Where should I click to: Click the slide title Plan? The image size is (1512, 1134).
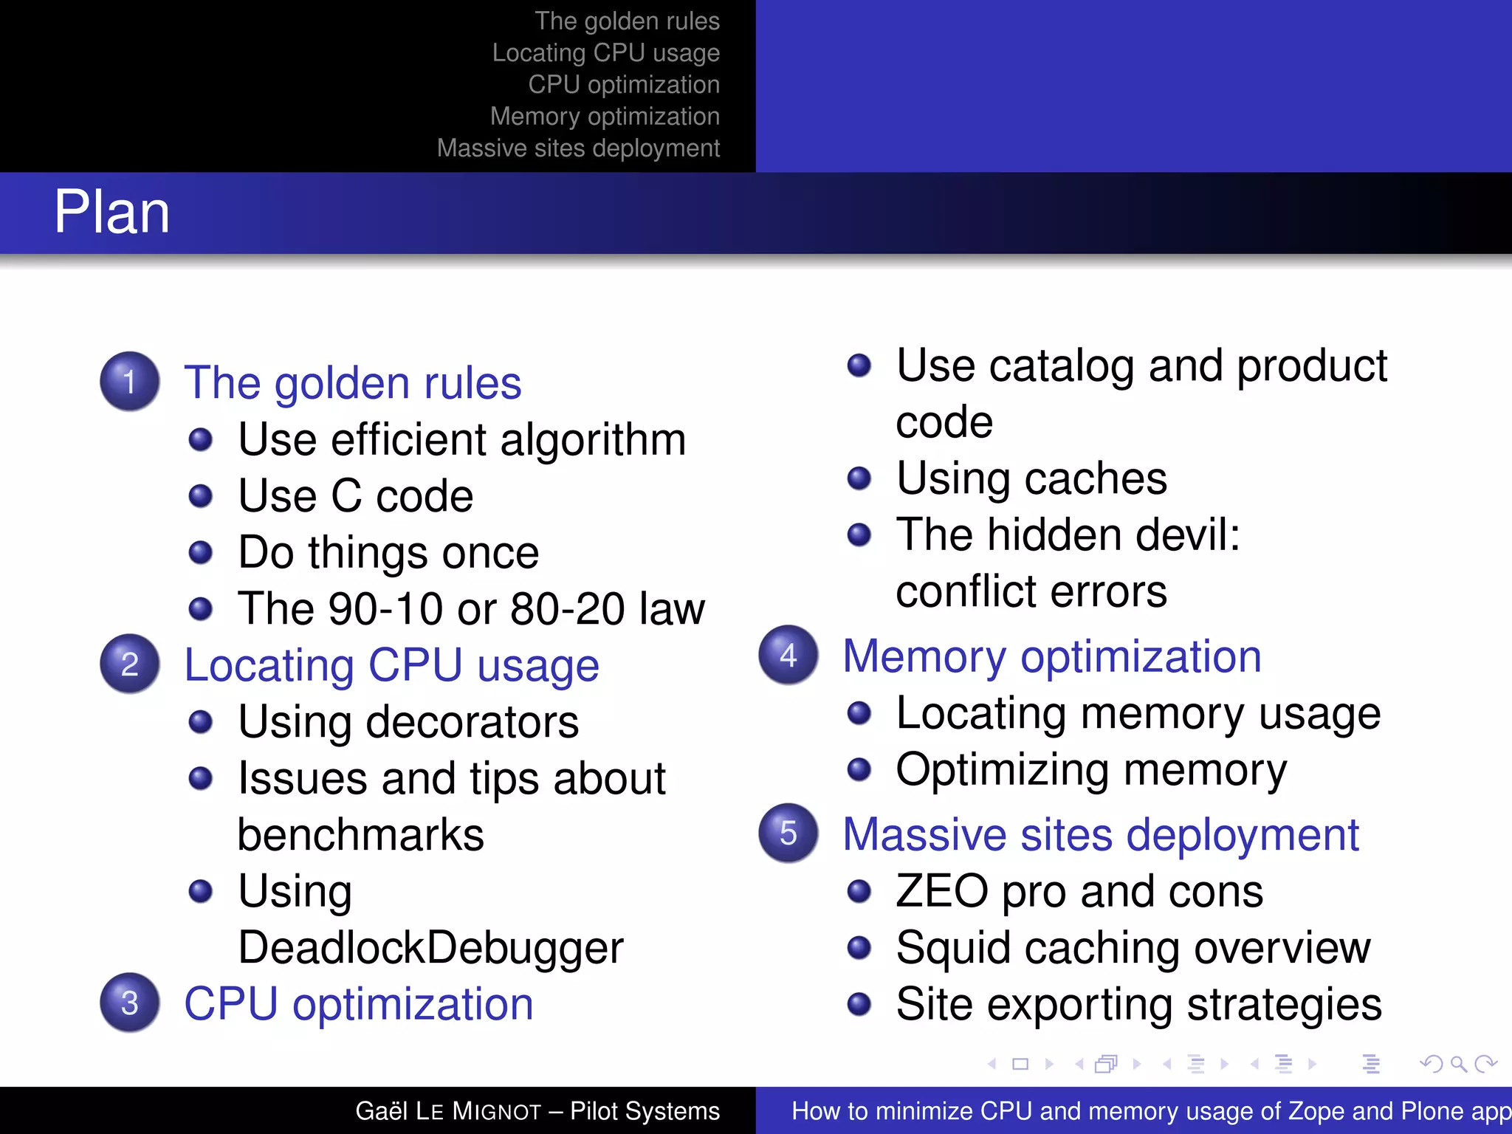coord(112,213)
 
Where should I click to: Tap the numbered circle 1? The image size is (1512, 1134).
coord(130,382)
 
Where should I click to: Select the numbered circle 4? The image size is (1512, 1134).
coord(788,656)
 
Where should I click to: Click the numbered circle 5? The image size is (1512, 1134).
coord(788,834)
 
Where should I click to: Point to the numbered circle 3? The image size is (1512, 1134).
coord(130,1003)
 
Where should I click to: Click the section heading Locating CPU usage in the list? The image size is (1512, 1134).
coord(391,666)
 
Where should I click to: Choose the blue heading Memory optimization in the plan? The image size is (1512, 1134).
coord(1052,656)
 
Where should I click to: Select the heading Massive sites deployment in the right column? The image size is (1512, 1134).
coord(1101,835)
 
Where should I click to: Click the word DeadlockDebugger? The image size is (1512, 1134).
coord(431,948)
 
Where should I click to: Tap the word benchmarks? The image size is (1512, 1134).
coord(361,835)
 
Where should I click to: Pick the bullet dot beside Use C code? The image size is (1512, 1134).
coord(201,496)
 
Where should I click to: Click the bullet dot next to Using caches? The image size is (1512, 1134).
coord(859,478)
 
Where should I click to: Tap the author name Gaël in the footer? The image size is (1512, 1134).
coord(381,1111)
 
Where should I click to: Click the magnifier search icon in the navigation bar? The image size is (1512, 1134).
coord(1458,1064)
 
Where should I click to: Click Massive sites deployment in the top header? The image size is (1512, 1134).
coord(578,148)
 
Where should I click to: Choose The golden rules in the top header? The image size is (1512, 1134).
coord(627,21)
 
